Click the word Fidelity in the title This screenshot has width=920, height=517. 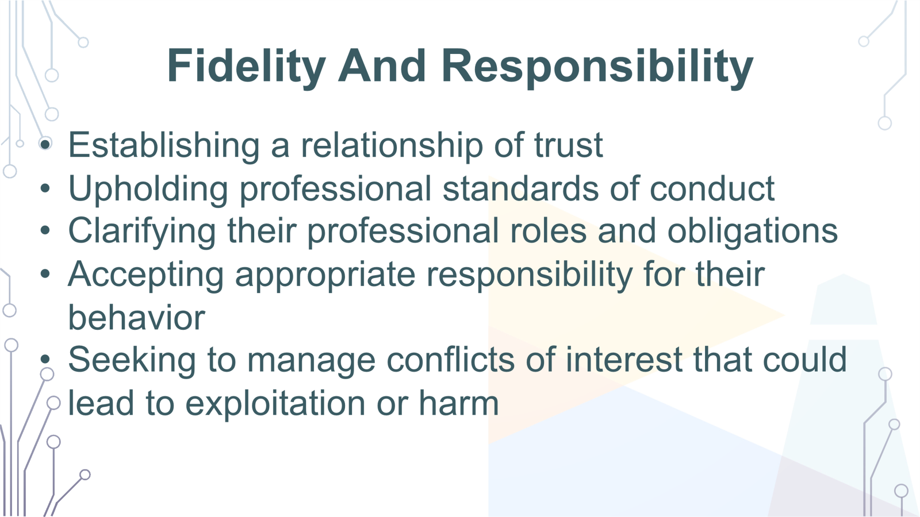(x=246, y=66)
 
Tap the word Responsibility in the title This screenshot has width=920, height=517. (x=598, y=67)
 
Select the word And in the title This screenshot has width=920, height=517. (x=382, y=66)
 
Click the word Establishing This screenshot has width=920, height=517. (x=164, y=145)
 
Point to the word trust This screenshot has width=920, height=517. (x=568, y=145)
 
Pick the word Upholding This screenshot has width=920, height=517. (x=148, y=190)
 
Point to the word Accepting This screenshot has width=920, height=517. (x=146, y=275)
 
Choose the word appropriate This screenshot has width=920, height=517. (x=325, y=275)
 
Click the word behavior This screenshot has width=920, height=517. (x=136, y=318)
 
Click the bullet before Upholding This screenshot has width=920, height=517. (x=45, y=188)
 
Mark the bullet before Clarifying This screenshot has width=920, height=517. (x=45, y=231)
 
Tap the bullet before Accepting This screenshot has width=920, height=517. (x=45, y=274)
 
